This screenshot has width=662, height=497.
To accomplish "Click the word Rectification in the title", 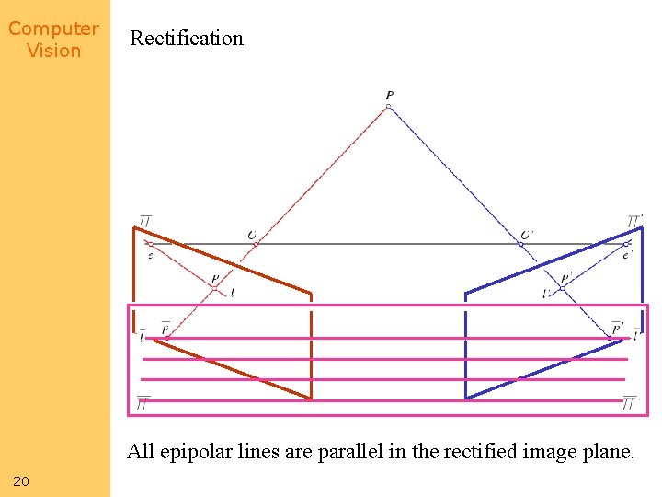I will click(x=187, y=39).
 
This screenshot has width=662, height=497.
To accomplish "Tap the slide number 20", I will click(x=21, y=480).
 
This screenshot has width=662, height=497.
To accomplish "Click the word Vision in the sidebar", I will click(x=53, y=51).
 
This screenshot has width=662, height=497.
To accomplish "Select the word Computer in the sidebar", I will click(x=53, y=29).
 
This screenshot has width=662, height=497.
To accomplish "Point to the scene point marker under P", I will click(x=388, y=107).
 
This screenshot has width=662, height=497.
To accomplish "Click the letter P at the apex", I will click(x=389, y=95).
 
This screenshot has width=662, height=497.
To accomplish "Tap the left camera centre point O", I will click(x=254, y=244).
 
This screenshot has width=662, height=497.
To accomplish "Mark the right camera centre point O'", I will click(x=521, y=244).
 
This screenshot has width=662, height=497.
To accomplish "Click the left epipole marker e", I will click(x=149, y=244).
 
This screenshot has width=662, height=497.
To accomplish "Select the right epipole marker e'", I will click(x=626, y=244).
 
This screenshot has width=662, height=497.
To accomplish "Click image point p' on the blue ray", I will click(x=561, y=288).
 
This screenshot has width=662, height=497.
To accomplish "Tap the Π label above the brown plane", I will click(x=144, y=222).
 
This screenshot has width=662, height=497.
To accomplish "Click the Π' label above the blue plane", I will click(x=634, y=222).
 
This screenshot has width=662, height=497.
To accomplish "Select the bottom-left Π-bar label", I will click(x=143, y=403).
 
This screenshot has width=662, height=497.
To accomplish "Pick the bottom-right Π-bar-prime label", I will click(x=629, y=403).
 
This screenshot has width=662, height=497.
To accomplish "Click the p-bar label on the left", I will click(x=165, y=328).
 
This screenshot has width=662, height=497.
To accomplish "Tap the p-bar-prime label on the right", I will click(x=617, y=328).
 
